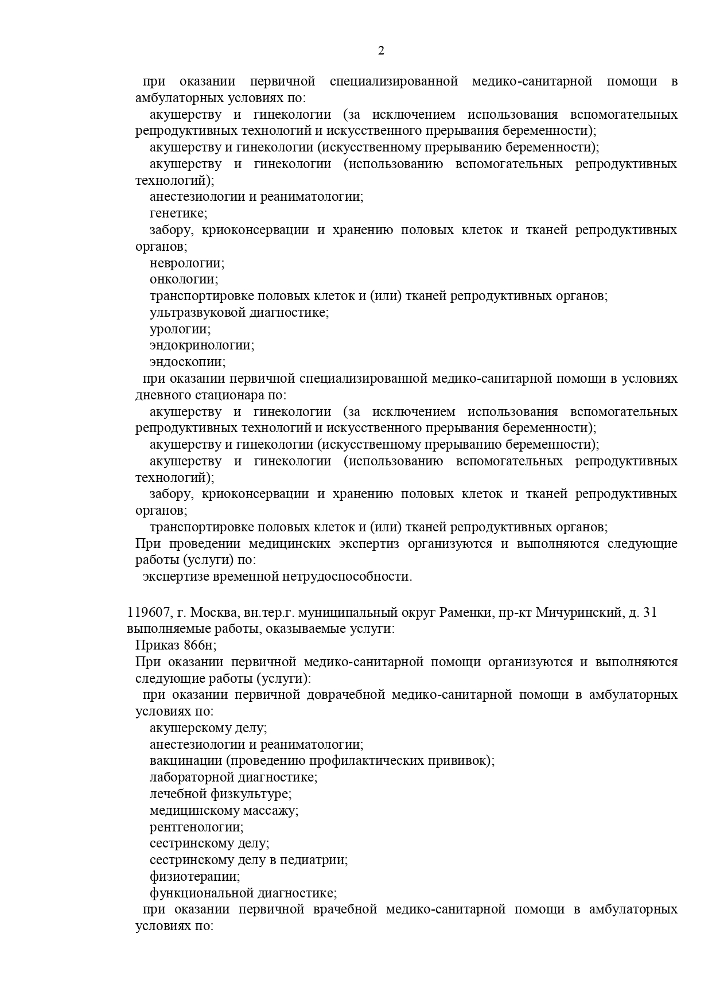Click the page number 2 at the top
tap(381, 50)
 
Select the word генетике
tap(178, 213)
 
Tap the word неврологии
tap(186, 263)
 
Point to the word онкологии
tap(183, 279)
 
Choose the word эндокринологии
tap(201, 345)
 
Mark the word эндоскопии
tap(187, 362)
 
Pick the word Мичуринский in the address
tap(578, 613)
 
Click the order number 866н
tap(200, 646)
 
